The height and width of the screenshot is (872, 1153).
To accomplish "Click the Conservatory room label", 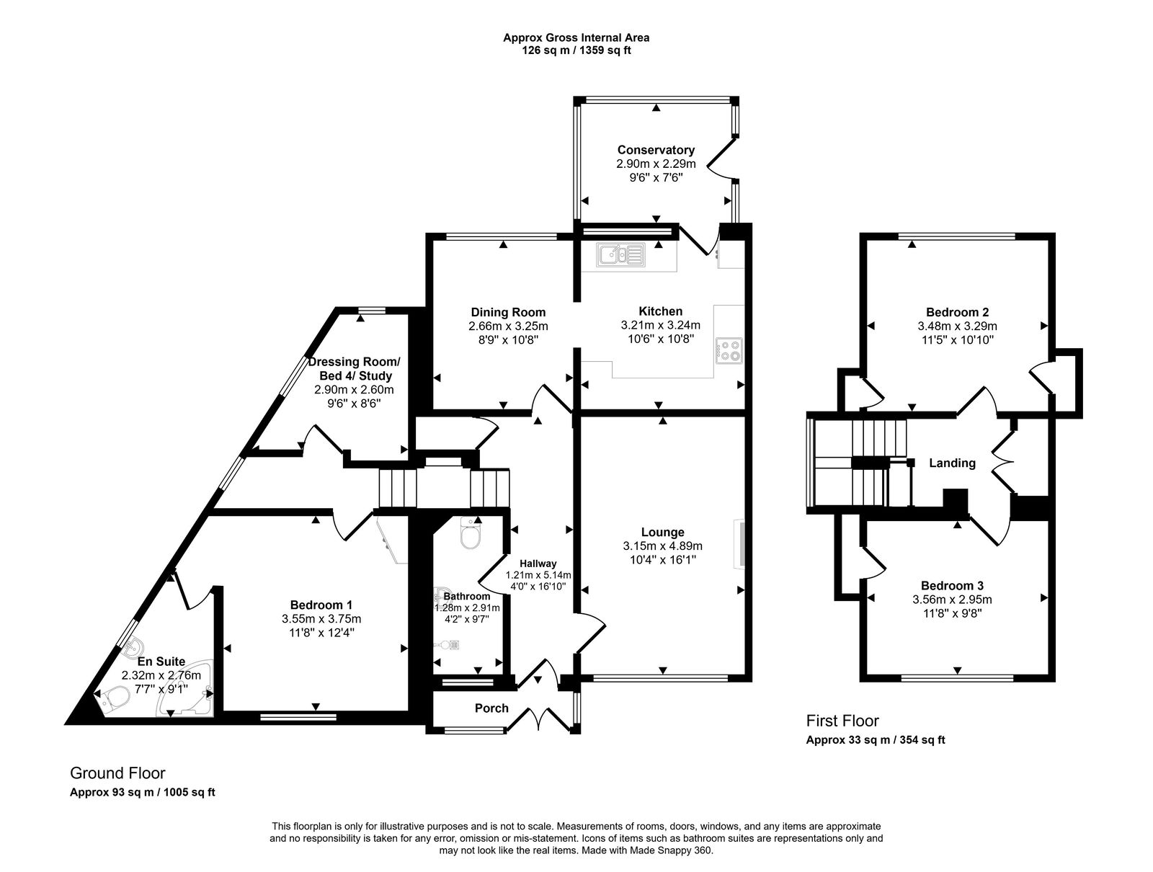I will (x=656, y=150).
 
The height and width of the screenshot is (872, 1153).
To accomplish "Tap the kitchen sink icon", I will (x=620, y=254).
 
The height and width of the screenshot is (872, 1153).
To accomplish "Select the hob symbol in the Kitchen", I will (x=729, y=351).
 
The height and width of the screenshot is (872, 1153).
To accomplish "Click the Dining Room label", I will (x=508, y=312).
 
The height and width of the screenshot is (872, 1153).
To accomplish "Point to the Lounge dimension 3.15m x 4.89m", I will (x=663, y=546).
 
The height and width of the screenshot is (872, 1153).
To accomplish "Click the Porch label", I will (x=491, y=708).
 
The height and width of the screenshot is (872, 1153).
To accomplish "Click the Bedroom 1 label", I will (x=321, y=605).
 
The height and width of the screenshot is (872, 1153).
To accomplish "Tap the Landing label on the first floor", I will (x=952, y=463).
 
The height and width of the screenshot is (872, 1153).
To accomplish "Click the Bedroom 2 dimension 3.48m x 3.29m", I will (x=957, y=326).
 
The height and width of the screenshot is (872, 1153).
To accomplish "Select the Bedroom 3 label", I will (x=952, y=586).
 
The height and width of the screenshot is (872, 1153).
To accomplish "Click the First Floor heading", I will (x=842, y=720).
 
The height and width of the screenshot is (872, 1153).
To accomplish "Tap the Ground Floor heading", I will (x=117, y=773).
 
